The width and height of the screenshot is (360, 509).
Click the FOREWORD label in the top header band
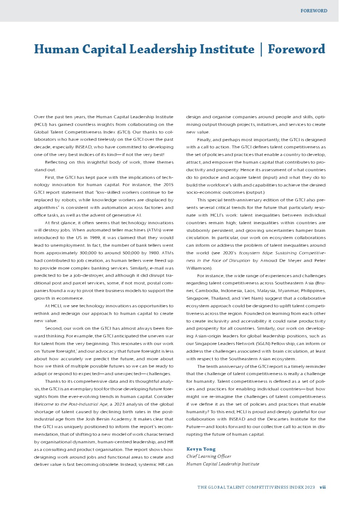(314, 11)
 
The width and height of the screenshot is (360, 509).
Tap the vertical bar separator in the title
(261, 49)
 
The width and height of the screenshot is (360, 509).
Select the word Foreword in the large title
(296, 49)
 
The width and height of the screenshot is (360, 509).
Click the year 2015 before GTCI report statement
(168, 185)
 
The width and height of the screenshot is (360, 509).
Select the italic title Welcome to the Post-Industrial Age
(71, 404)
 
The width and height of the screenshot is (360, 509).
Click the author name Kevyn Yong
(201, 449)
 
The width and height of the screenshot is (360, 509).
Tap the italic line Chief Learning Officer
(209, 456)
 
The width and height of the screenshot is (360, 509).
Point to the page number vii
(323, 487)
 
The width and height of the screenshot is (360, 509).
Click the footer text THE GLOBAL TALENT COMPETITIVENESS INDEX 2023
(256, 487)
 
